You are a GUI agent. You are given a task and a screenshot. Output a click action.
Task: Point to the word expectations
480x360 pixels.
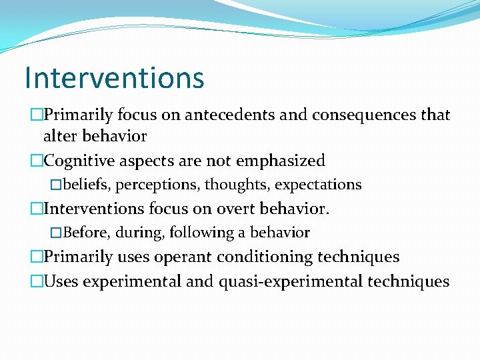319,185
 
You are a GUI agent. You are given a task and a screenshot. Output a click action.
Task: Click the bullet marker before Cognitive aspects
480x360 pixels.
36,161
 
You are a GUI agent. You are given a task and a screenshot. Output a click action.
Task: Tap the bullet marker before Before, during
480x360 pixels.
56,233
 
